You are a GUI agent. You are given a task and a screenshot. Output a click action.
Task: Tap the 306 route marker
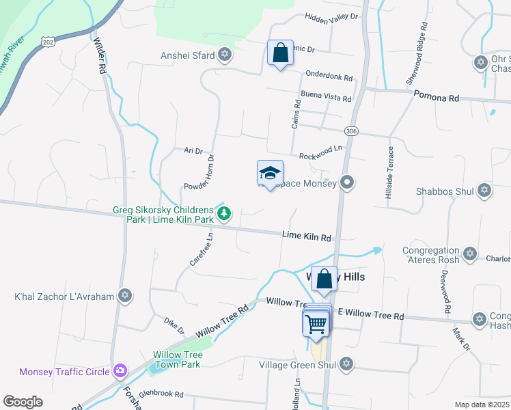(x=350, y=131)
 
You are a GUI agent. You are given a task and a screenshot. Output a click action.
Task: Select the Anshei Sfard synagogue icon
(x=224, y=55)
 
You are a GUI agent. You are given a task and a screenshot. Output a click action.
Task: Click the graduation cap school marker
(x=270, y=174)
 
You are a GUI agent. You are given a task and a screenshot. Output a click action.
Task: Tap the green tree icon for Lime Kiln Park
(x=223, y=214)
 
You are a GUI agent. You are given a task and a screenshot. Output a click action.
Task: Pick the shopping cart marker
(x=316, y=322)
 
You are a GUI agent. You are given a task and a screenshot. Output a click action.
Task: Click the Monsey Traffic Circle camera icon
(x=120, y=372)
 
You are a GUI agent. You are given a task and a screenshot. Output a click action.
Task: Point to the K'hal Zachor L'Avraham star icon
(x=124, y=296)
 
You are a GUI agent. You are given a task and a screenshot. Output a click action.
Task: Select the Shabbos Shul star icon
(x=484, y=190)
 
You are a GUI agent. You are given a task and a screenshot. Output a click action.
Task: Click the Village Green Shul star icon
(x=346, y=364)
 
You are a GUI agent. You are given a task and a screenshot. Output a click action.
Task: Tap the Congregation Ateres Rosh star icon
(x=469, y=254)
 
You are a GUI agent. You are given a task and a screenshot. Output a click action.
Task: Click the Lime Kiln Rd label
(x=307, y=236)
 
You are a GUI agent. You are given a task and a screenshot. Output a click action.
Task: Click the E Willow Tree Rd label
(x=371, y=315)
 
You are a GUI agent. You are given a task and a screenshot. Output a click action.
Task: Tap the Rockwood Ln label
(x=321, y=149)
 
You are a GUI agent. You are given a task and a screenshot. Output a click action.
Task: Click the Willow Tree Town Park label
(x=177, y=359)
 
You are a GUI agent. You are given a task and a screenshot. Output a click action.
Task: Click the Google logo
(x=23, y=402)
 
